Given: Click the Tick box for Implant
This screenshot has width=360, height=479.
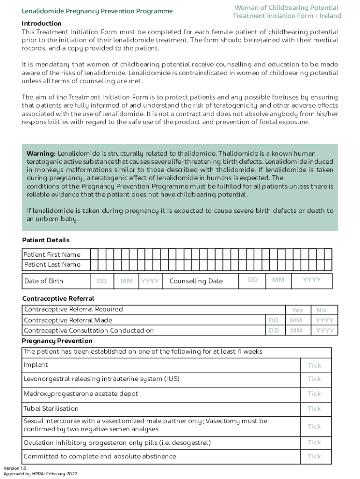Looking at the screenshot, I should (314, 365).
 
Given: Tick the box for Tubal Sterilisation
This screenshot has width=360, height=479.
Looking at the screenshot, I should (314, 408).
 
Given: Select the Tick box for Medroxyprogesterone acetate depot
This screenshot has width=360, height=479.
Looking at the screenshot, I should (314, 393).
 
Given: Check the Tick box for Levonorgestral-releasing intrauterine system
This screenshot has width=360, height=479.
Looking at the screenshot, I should (314, 378).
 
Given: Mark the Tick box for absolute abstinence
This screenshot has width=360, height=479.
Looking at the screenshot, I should (314, 456).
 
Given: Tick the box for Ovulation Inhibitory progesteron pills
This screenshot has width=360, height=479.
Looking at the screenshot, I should (314, 442).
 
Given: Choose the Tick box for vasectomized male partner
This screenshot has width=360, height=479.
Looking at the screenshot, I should (314, 426).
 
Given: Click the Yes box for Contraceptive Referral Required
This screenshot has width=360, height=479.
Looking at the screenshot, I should (297, 310).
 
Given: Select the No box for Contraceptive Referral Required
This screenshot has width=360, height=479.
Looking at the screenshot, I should (321, 310).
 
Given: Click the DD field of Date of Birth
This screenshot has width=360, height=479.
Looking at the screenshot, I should (102, 281).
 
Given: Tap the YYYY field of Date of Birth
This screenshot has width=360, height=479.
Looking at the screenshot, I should (150, 281).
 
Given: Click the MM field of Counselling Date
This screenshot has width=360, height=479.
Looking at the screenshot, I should (278, 280).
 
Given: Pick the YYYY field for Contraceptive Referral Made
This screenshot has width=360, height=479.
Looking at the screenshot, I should (324, 320).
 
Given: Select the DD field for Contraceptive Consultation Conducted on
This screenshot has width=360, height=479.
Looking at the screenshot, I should (274, 330).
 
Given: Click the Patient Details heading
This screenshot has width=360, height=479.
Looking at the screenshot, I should (46, 240).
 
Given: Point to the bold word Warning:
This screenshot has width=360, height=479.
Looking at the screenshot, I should (41, 153).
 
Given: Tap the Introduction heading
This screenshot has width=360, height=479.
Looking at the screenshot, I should (42, 23).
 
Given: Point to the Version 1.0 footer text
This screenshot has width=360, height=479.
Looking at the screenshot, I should (15, 468).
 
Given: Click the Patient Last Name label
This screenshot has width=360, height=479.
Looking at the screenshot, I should (52, 264).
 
